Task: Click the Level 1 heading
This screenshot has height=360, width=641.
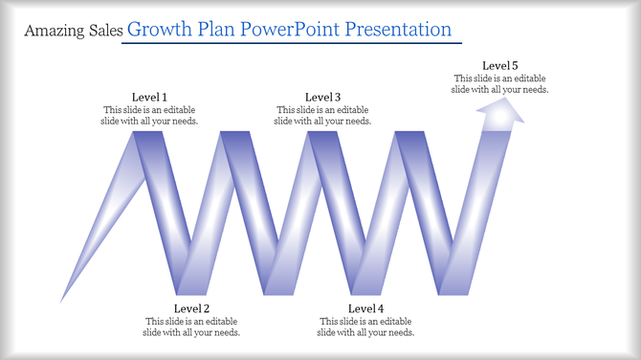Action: (x=149, y=97)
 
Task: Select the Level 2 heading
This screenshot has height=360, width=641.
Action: (x=191, y=308)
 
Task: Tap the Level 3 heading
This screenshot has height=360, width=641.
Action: (x=323, y=97)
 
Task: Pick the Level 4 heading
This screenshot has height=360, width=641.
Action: (x=366, y=308)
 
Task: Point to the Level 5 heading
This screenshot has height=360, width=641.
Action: (x=499, y=65)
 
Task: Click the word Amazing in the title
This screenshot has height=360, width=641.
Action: (x=54, y=32)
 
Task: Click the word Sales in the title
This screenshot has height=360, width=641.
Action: (x=104, y=32)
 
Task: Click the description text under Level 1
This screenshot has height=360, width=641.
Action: (x=149, y=116)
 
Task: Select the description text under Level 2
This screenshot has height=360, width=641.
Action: (x=192, y=326)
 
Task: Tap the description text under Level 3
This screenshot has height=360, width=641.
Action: (x=323, y=116)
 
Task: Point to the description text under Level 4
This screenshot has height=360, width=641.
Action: (x=366, y=326)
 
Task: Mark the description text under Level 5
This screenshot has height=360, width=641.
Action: (x=499, y=83)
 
